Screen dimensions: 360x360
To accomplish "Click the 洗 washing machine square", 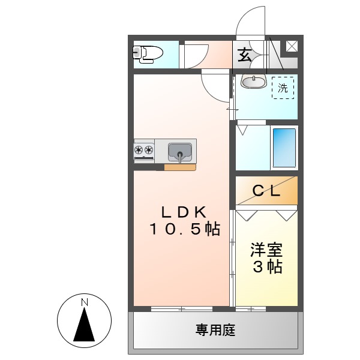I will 283,88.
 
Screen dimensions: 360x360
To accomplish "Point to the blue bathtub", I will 284,148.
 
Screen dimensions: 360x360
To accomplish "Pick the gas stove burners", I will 144,151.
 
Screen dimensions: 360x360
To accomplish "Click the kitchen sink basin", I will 180,151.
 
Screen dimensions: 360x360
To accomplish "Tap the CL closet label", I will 266,191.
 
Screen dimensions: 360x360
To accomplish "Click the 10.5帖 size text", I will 184,229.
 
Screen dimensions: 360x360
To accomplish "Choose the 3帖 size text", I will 267,267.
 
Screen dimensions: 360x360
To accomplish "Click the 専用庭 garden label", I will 215,330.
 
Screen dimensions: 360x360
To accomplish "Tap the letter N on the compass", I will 85,301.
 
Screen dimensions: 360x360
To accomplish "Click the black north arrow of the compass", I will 85,327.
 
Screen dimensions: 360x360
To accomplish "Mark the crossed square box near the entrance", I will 292,46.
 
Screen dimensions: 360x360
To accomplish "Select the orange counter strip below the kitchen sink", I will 179,167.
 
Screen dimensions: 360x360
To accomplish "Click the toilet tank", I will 137,54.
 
